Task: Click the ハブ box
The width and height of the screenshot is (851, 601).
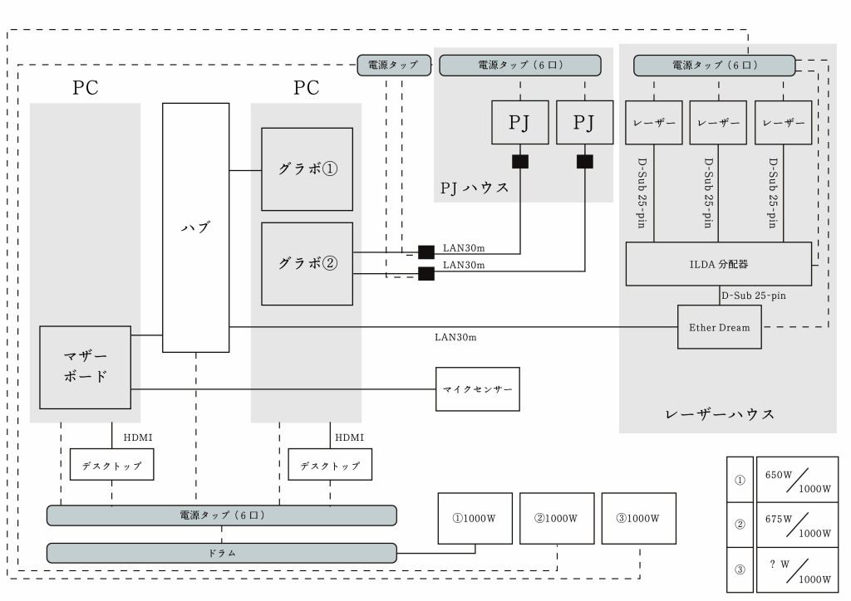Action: (195, 227)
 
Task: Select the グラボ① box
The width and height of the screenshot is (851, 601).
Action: (307, 169)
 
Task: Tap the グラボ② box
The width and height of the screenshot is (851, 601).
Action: (307, 264)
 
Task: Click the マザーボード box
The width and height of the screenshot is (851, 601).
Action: (85, 367)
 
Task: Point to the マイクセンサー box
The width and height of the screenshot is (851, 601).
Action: (478, 389)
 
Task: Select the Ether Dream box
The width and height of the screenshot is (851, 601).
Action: (719, 327)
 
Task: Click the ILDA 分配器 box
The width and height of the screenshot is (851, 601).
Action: (718, 264)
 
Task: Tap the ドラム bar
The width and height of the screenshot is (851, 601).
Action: (221, 553)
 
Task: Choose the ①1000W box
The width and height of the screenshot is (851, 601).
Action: (475, 518)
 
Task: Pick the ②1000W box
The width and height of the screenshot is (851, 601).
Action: (556, 518)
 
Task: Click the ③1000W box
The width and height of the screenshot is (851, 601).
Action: (638, 518)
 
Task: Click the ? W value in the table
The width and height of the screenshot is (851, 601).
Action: (779, 564)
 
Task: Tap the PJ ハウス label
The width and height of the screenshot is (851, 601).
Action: (474, 188)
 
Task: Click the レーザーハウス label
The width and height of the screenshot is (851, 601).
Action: (721, 413)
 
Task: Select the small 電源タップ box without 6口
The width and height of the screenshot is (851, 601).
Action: (394, 65)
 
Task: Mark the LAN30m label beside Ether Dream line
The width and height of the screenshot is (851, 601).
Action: (455, 338)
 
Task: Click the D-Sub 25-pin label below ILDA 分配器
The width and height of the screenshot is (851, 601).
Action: (753, 295)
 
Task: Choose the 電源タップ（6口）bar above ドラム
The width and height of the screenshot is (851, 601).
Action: (221, 515)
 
